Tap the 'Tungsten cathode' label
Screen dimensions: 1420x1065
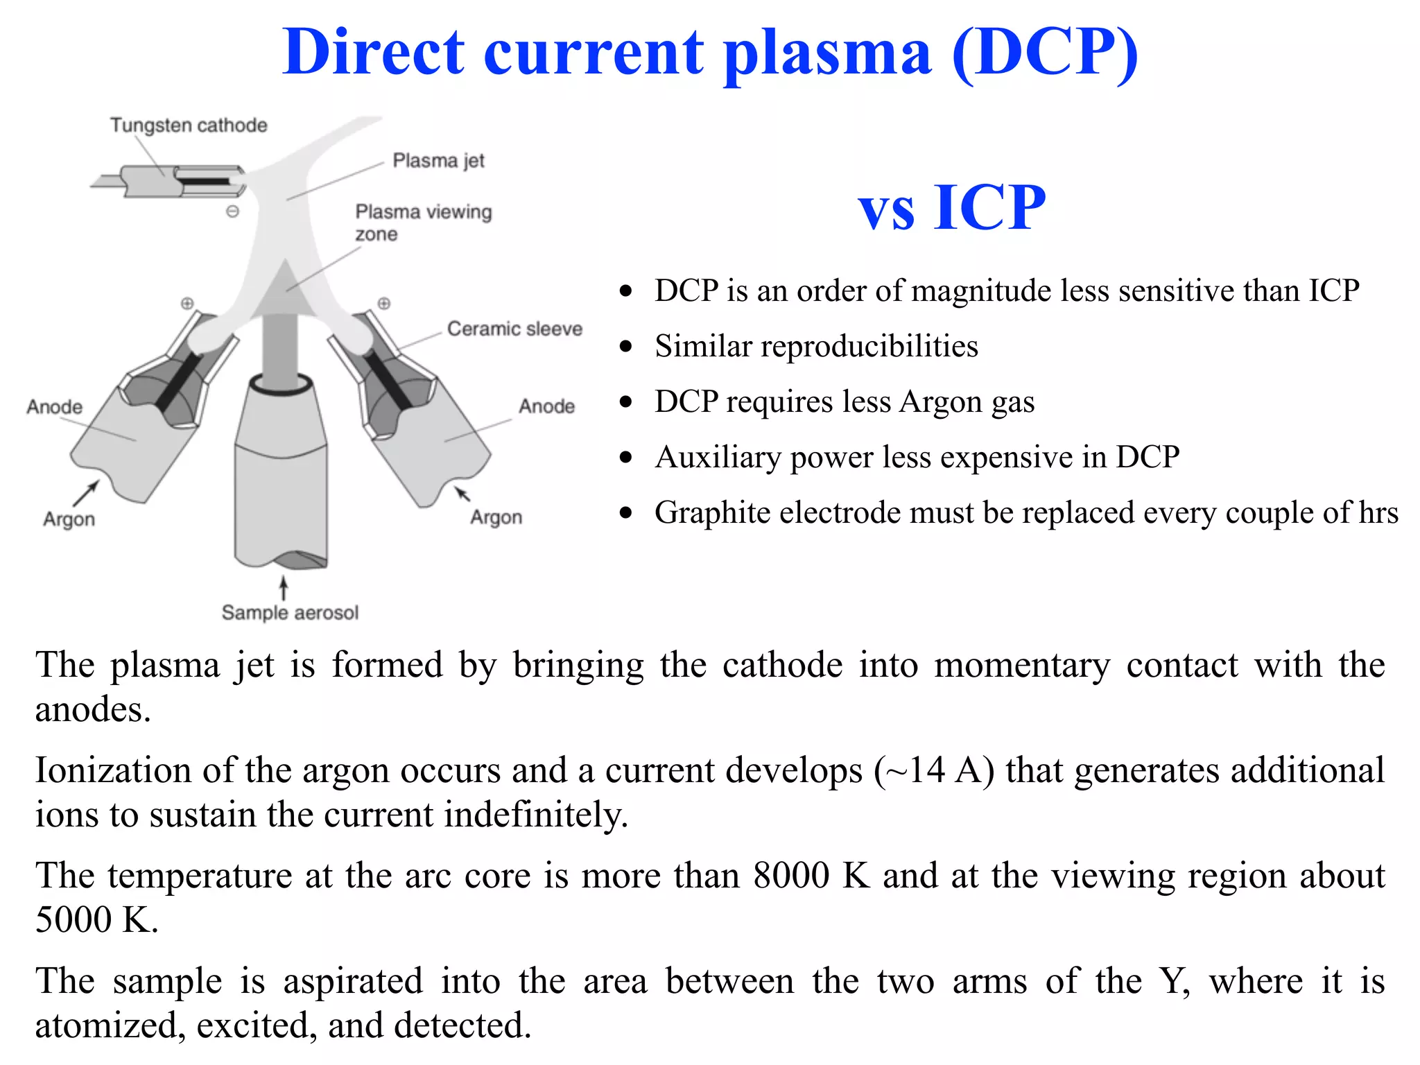coord(189,125)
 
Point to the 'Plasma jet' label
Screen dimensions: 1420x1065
coord(439,161)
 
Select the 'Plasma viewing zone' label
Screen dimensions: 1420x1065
coord(424,223)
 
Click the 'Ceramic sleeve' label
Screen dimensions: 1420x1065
coord(514,329)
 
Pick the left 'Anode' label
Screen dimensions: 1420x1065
coord(55,407)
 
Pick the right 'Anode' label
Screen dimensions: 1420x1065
coord(547,406)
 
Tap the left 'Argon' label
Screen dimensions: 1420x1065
coord(69,519)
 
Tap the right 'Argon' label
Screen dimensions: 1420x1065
coord(496,518)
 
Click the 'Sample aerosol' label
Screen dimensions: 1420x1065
coord(290,613)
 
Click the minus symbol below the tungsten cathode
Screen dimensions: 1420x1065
coord(233,211)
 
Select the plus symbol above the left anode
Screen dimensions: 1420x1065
coord(187,303)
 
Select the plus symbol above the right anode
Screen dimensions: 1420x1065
coord(384,303)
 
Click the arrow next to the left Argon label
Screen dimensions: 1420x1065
coord(86,494)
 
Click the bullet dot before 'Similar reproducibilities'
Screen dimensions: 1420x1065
coord(627,346)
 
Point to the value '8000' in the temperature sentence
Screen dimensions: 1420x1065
coord(792,876)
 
